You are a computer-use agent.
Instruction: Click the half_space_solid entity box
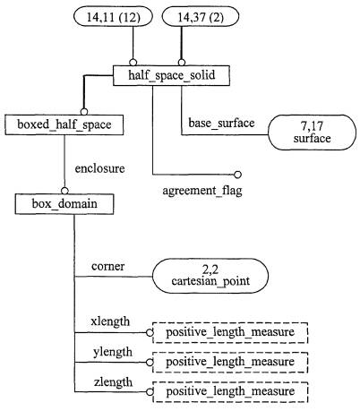coord(171,75)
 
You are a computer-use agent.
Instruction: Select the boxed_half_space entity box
coord(64,124)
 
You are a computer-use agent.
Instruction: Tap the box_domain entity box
coord(64,204)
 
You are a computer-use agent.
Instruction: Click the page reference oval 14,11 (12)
coord(113,17)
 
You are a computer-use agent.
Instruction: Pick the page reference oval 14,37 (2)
coord(201,17)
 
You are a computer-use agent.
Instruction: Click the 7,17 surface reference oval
coord(312,133)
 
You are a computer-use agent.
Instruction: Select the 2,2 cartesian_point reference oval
coord(210,276)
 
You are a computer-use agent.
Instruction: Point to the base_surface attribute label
coord(221,123)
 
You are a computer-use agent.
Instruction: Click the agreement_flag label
coord(202,191)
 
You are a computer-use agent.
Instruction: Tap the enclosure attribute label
coord(99,168)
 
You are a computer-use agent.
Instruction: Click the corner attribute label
coord(108,266)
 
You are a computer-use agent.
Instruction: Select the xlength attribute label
coord(110,321)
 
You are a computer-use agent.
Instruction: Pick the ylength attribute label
coord(113,352)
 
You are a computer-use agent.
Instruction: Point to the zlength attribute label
coord(113,382)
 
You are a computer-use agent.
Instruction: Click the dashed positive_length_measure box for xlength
coord(230,332)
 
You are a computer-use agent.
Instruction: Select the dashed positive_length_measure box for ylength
coord(230,362)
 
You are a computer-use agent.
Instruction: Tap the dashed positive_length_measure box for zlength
coord(230,391)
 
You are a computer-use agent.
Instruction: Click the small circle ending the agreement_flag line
coord(237,175)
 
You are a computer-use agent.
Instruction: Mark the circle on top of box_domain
coord(64,191)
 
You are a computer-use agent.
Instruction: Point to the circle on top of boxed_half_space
coord(84,112)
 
